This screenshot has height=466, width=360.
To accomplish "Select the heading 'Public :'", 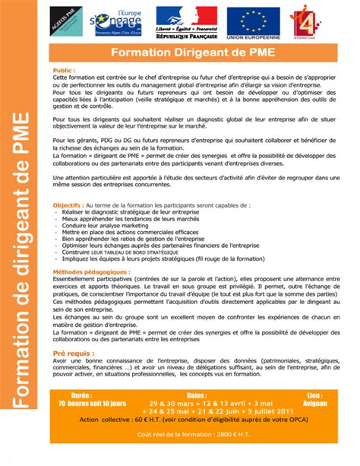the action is (x=64, y=69).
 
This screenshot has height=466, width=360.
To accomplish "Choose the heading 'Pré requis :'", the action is (x=72, y=354).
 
